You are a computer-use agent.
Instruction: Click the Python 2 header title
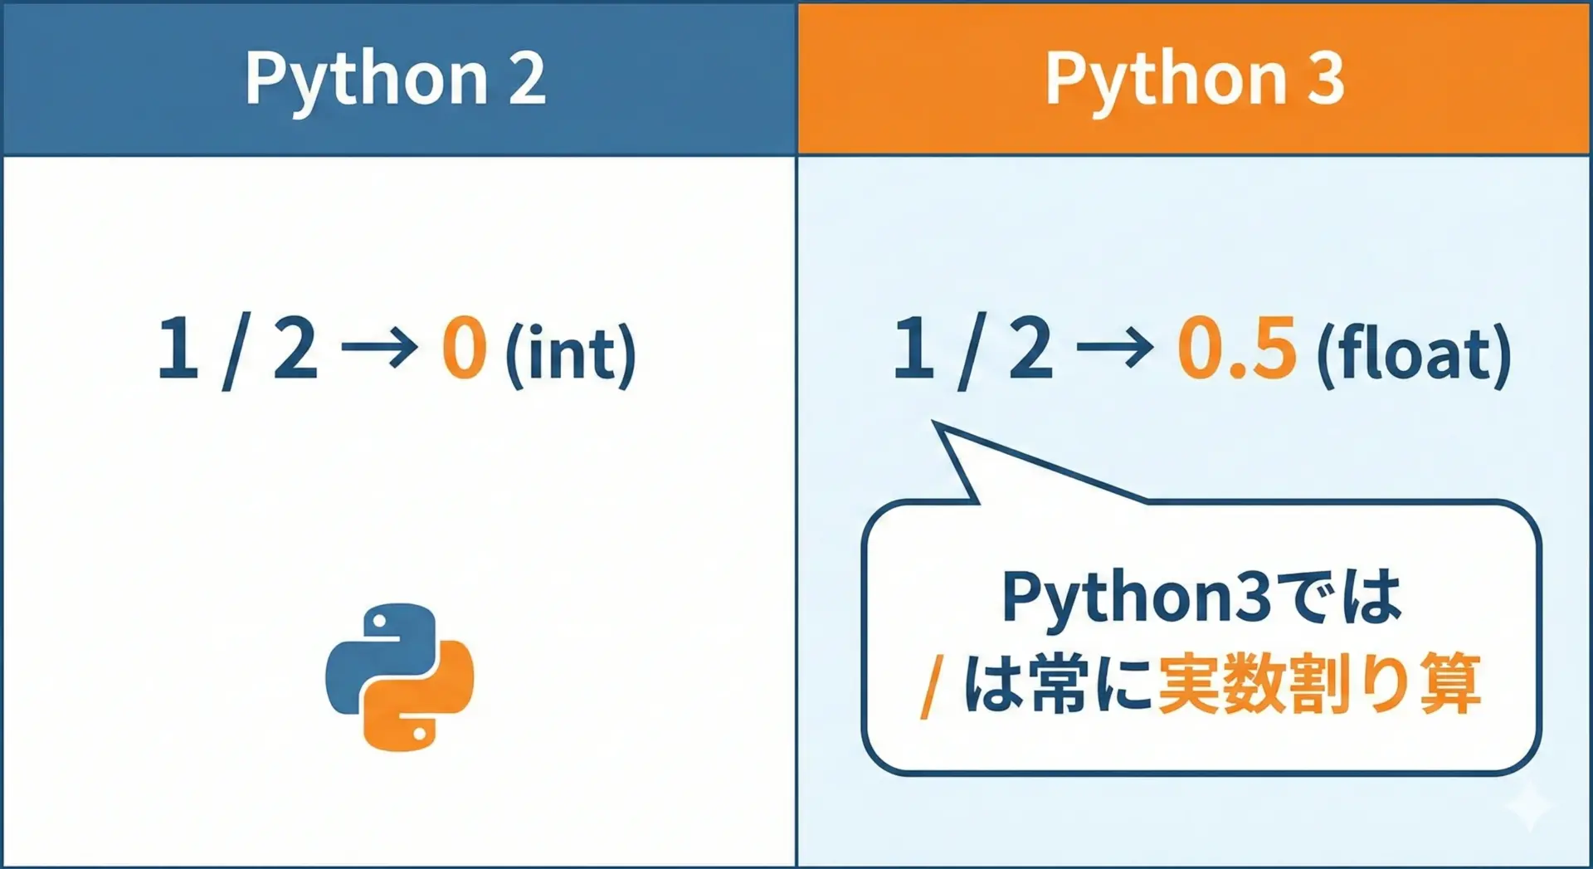(x=396, y=80)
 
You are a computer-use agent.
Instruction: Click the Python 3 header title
(x=1195, y=80)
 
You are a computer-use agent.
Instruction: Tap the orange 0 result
(x=464, y=348)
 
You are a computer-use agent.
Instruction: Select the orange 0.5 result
(x=1236, y=348)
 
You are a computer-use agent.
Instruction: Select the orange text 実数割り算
(x=1319, y=685)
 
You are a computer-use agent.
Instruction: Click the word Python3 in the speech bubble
(x=1136, y=598)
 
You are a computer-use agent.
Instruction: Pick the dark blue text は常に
(x=1058, y=685)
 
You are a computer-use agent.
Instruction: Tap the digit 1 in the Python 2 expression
(x=178, y=348)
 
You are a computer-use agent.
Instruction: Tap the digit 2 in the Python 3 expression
(x=1031, y=348)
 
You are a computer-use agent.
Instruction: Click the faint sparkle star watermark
(x=1528, y=805)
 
